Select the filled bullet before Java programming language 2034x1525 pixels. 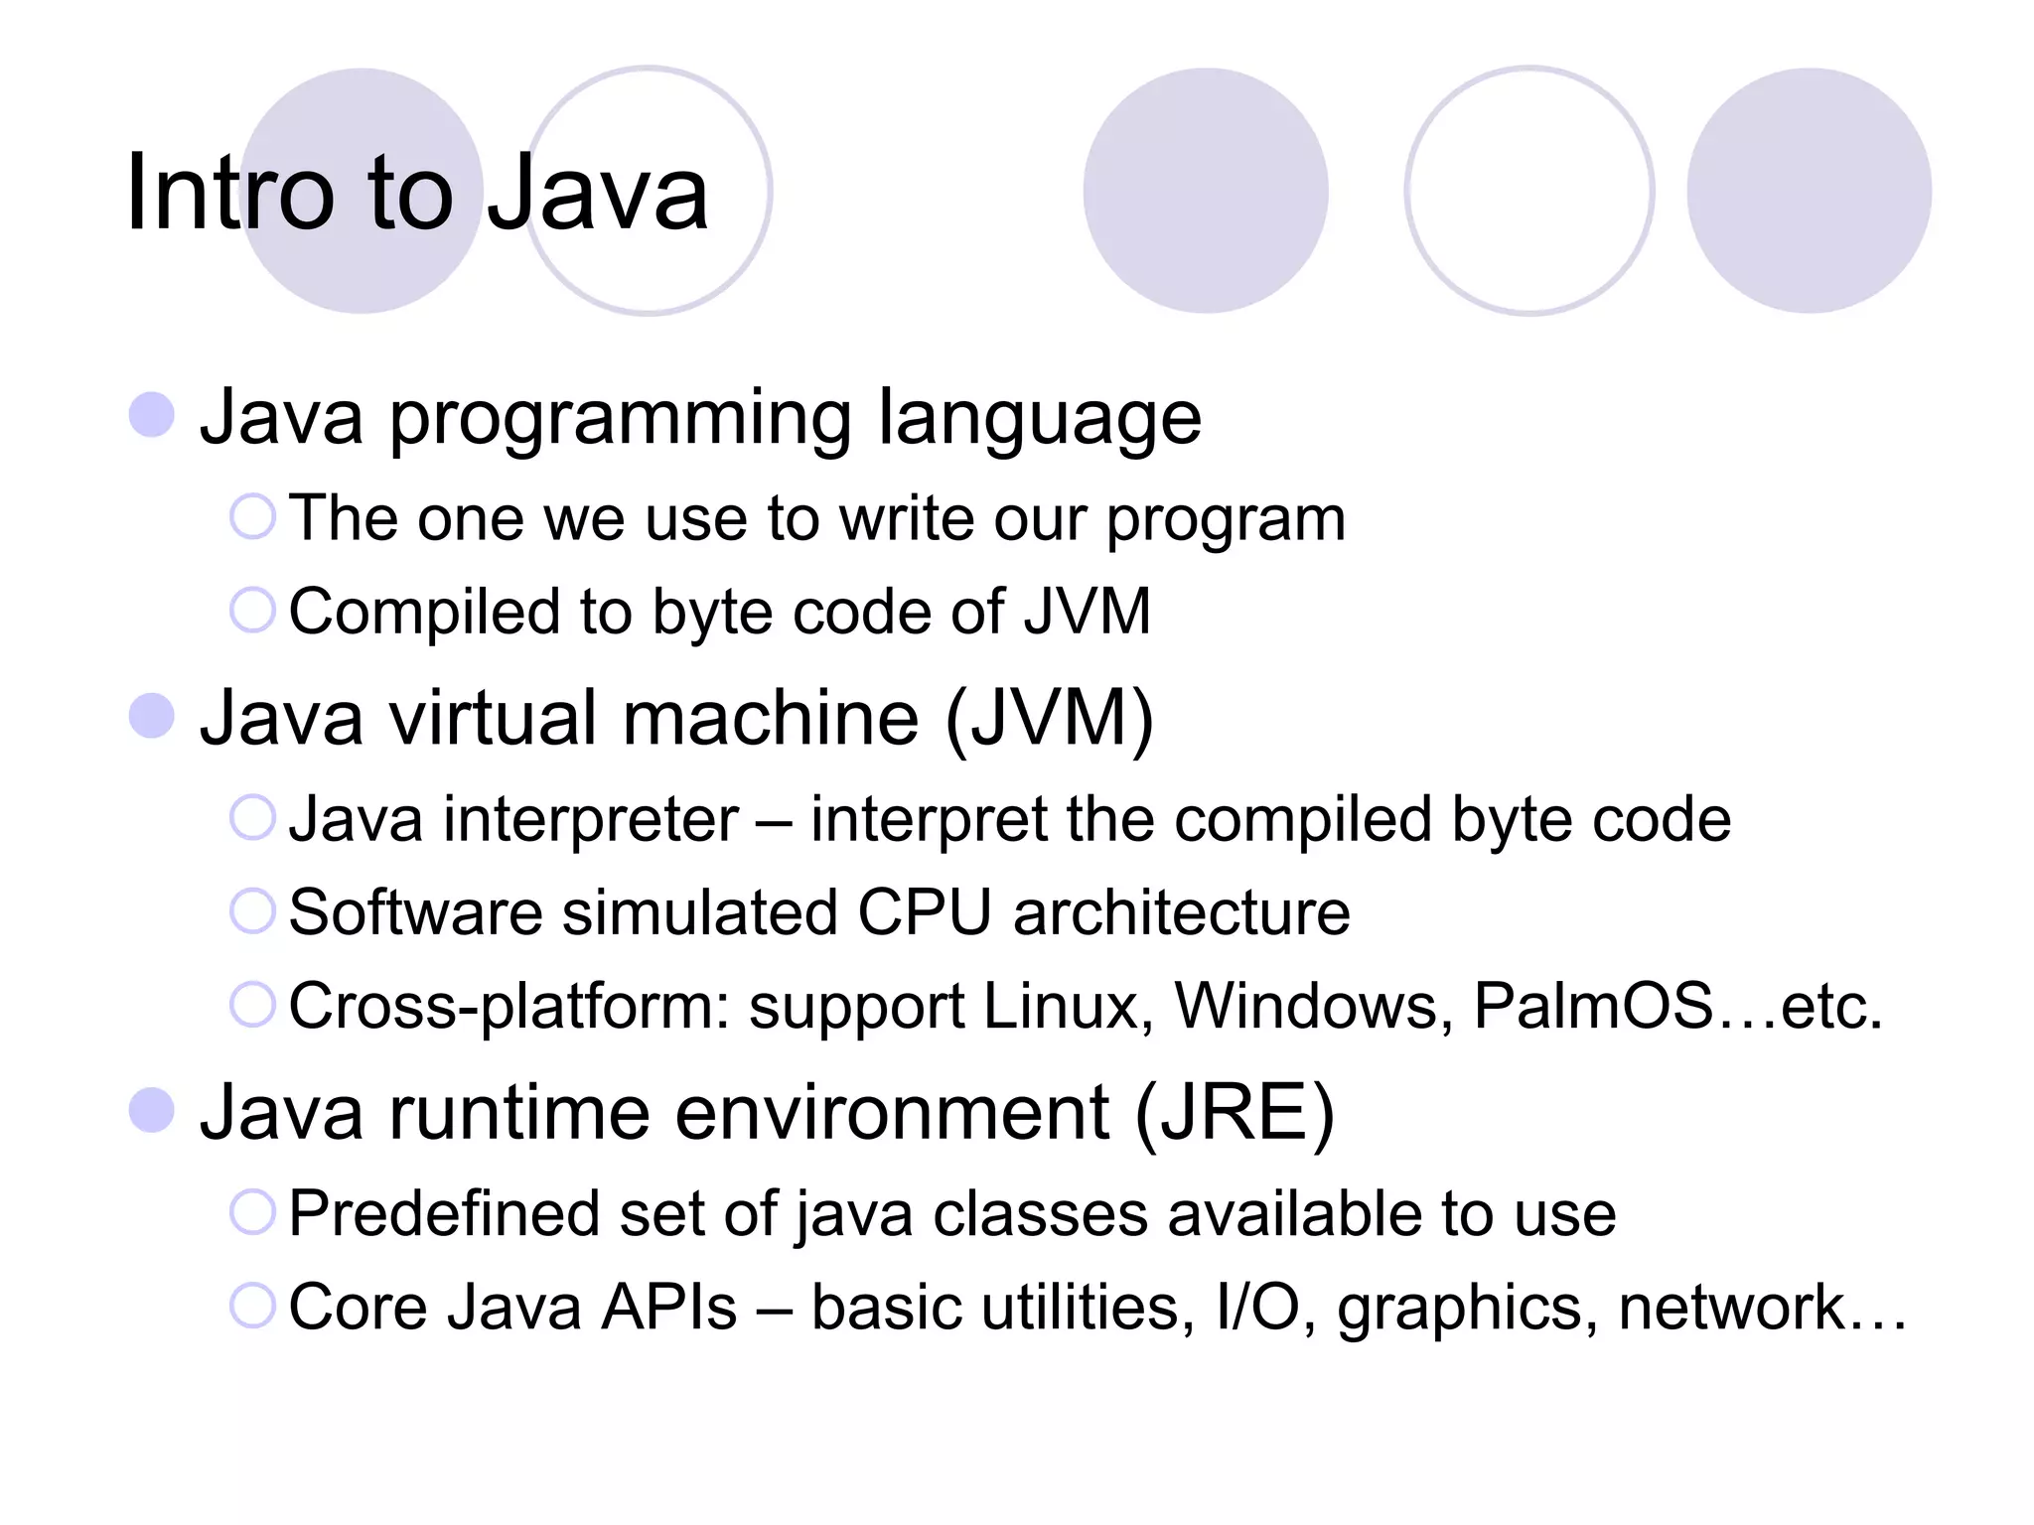click(152, 414)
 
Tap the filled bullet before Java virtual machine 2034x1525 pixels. click(152, 716)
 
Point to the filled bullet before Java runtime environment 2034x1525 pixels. click(152, 1110)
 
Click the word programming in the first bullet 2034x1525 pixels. click(620, 419)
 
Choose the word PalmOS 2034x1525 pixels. click(1593, 1007)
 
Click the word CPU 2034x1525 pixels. click(924, 912)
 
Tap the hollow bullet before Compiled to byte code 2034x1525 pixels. click(252, 610)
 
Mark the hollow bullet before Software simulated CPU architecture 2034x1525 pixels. click(252, 911)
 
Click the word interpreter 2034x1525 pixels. click(591, 821)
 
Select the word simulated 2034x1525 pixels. click(699, 912)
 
